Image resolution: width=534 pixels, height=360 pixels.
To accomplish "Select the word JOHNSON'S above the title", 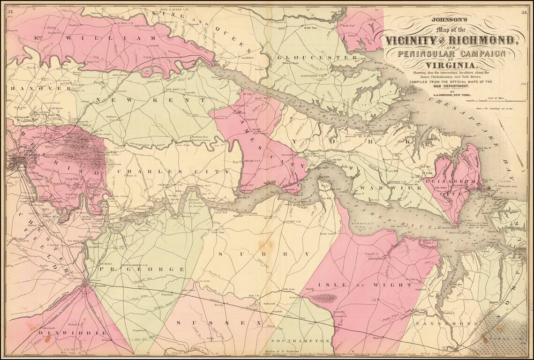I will (x=450, y=20).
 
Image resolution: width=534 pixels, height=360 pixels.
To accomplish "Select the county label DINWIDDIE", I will (x=73, y=332).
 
